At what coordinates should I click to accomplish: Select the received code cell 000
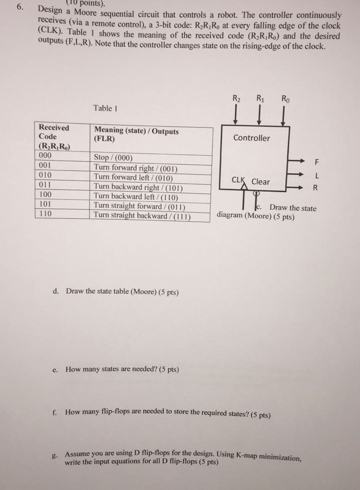tap(46, 156)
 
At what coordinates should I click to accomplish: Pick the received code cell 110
tap(46, 214)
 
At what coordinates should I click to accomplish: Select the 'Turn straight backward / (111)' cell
tap(144, 216)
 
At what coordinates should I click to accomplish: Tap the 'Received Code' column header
tap(54, 132)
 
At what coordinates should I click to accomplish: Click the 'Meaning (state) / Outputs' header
tap(136, 131)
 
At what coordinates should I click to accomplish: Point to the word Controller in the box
tap(251, 138)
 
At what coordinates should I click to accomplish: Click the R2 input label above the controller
tap(237, 99)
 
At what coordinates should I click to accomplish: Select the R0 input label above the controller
tap(284, 99)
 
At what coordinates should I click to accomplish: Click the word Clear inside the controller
tap(260, 182)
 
